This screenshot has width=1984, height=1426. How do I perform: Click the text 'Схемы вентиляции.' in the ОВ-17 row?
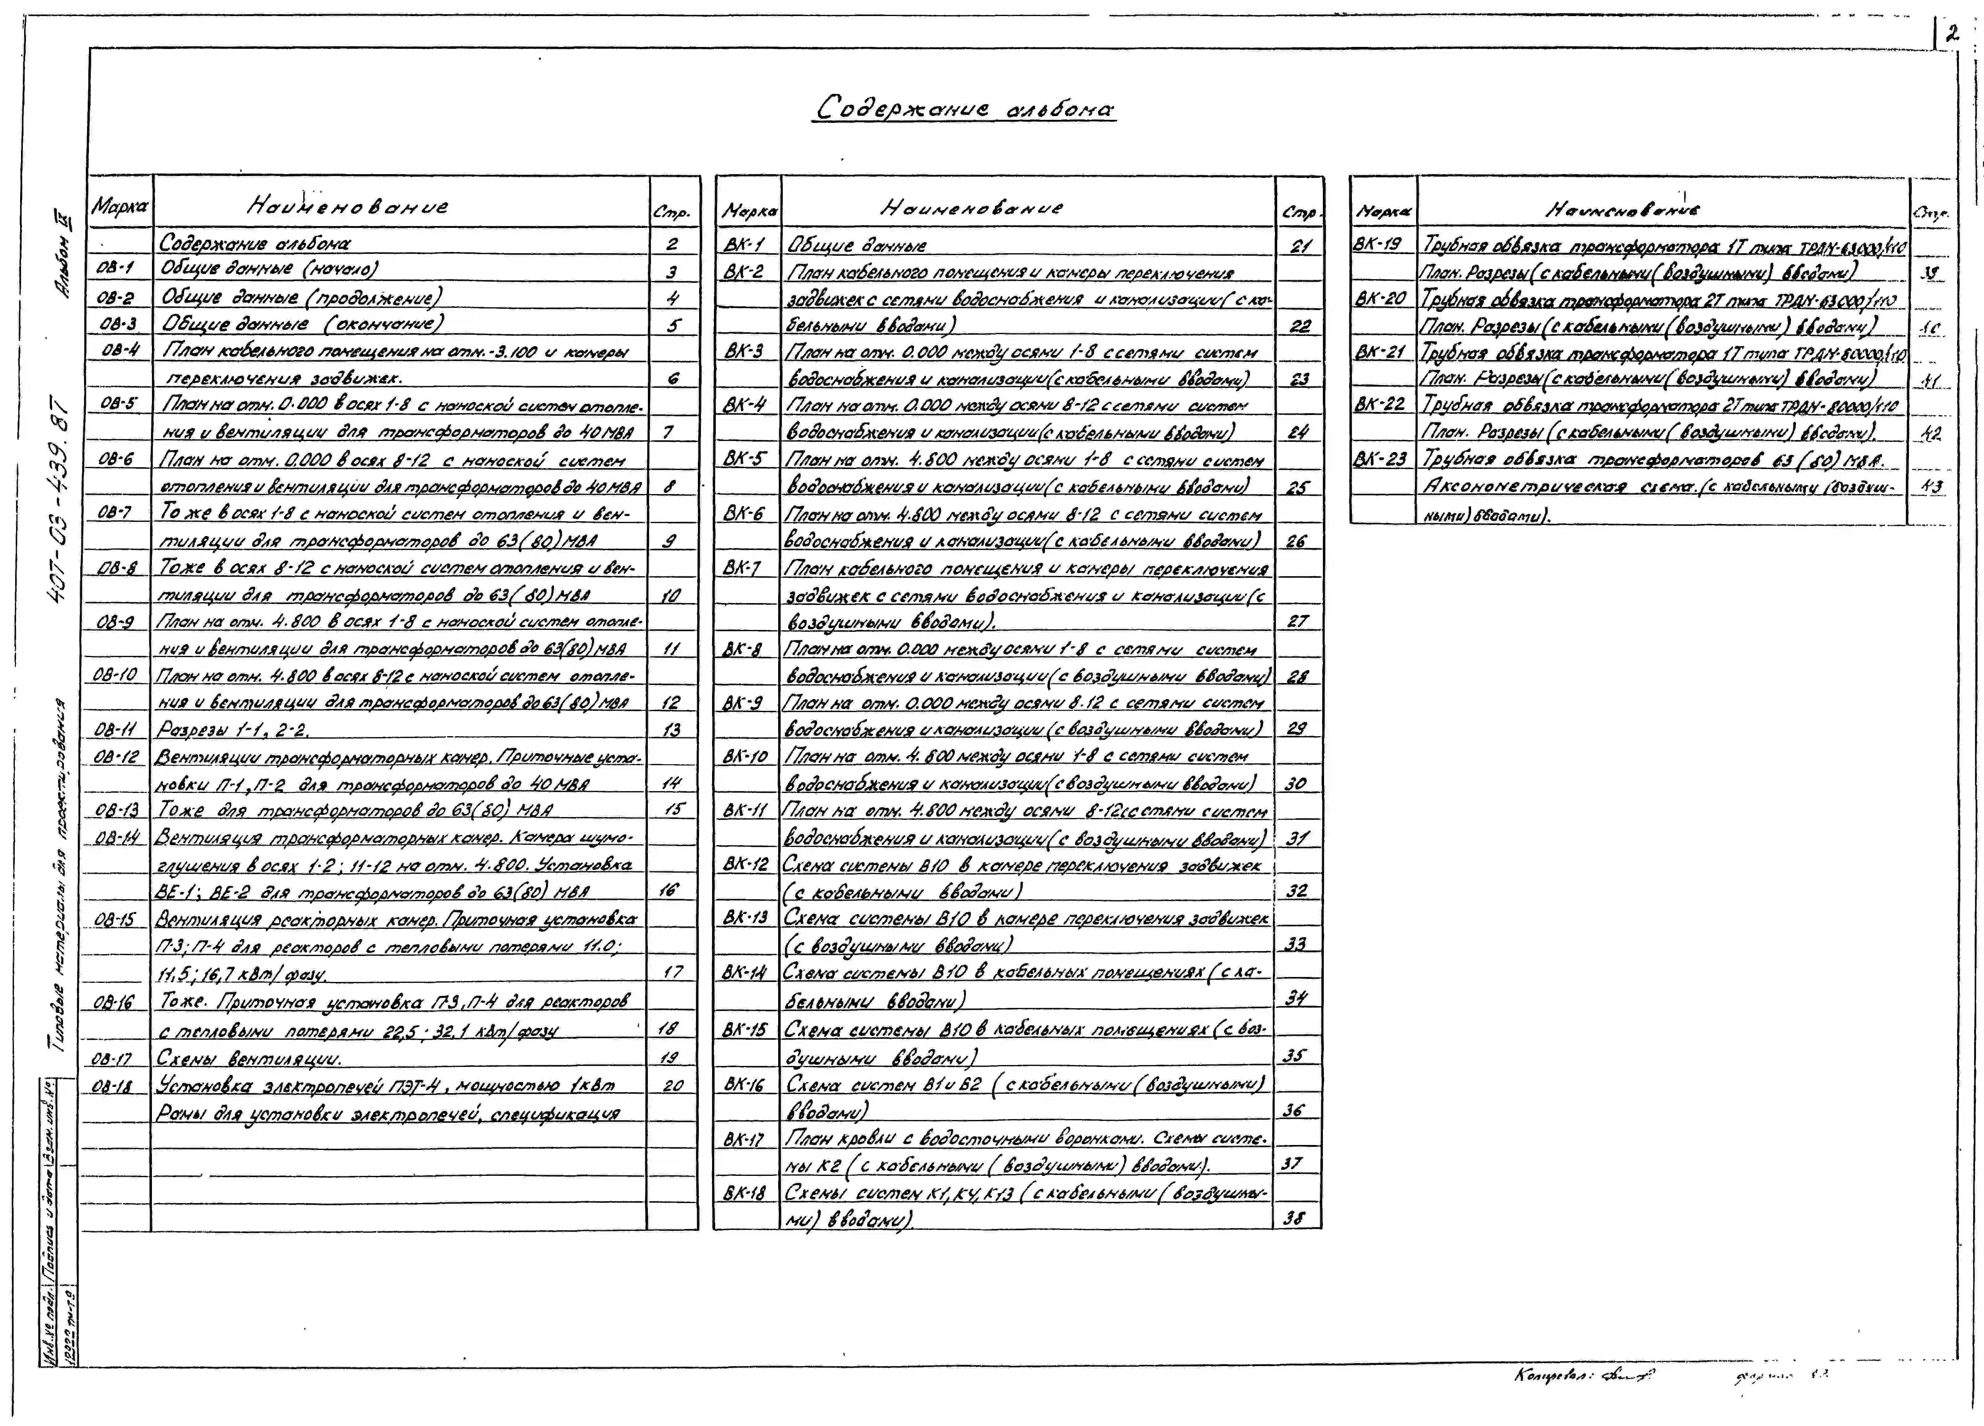click(249, 1059)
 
